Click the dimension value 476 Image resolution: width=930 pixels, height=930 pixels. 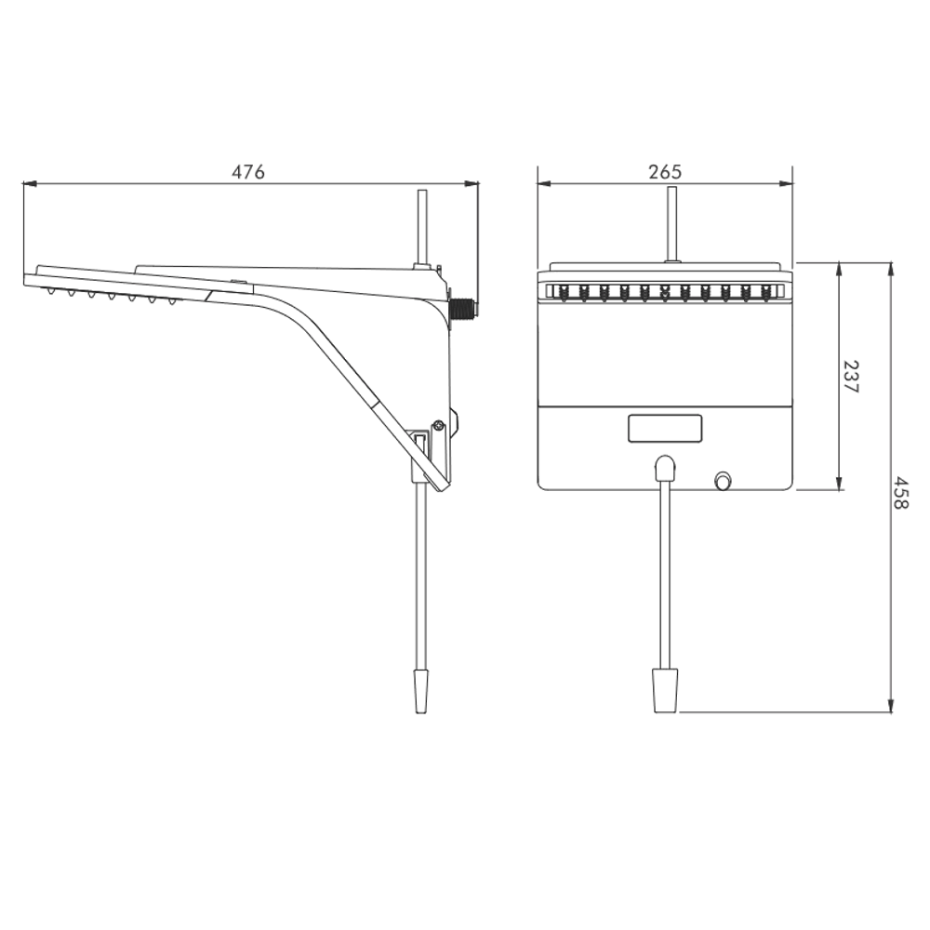pos(248,172)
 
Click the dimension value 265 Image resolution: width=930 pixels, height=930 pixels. pos(665,172)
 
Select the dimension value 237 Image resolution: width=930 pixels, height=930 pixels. pos(851,377)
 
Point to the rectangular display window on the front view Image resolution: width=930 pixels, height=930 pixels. pos(665,428)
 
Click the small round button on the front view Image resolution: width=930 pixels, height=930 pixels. pos(723,481)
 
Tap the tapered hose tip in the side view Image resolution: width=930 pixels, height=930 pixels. pos(420,691)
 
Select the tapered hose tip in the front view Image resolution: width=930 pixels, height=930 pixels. pos(665,690)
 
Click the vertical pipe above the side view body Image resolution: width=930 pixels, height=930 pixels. pos(421,229)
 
